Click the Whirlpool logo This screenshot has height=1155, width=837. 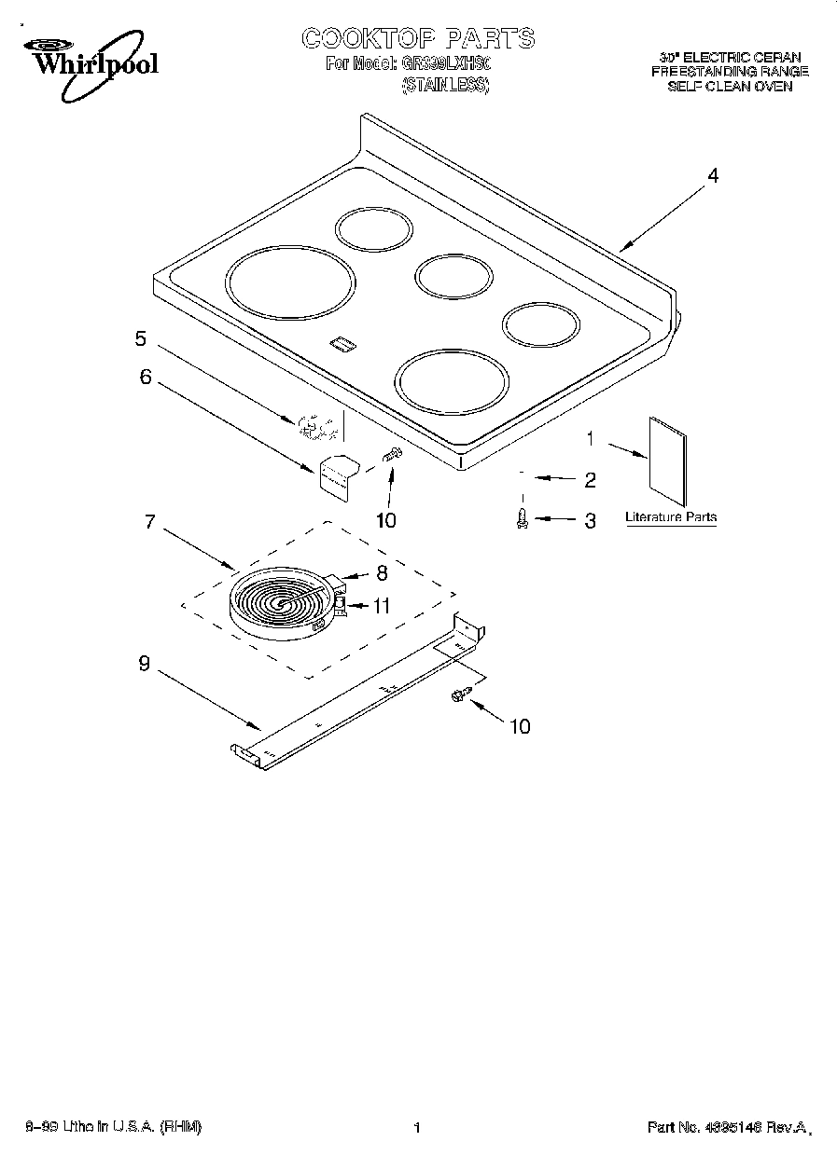(x=90, y=62)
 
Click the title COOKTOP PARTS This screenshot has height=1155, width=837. (x=418, y=38)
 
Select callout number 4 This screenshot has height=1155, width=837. (x=712, y=175)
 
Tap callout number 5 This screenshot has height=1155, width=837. (x=140, y=339)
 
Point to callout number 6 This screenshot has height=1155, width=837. (x=145, y=377)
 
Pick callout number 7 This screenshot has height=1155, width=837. (x=149, y=521)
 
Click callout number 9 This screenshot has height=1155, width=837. (x=144, y=664)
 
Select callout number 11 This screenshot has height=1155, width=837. (x=381, y=605)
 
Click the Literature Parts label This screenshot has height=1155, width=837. (x=671, y=517)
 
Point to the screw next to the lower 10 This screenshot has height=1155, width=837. (x=458, y=694)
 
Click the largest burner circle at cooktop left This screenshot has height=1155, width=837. (x=289, y=280)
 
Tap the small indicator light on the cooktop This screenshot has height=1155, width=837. (x=342, y=345)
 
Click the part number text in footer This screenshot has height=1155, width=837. (x=727, y=1128)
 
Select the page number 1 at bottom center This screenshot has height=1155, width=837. (x=417, y=1128)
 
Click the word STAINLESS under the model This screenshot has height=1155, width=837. (x=445, y=85)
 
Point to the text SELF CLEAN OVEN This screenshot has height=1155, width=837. (x=730, y=86)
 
